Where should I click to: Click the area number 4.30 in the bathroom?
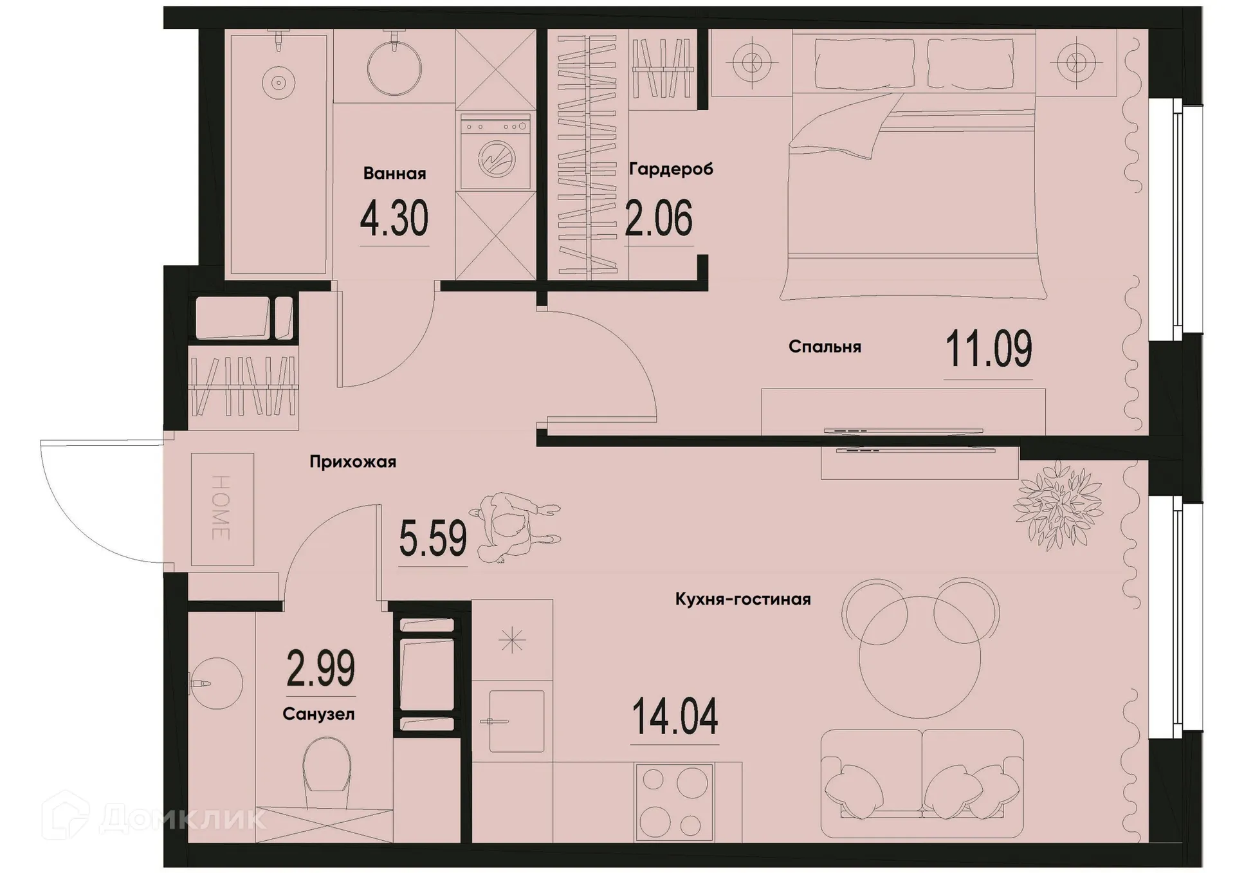(394, 219)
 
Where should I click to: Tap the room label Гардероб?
(671, 169)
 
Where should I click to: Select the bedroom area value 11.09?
(988, 349)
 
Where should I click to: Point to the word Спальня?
(825, 347)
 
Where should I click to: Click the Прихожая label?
(352, 462)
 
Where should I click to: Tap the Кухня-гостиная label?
(743, 600)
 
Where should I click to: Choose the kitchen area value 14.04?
(675, 717)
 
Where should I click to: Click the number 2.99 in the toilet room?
(320, 669)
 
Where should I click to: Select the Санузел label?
(318, 714)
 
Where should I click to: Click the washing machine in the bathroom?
(495, 152)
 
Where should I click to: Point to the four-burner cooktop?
(673, 802)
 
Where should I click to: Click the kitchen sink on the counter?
(516, 721)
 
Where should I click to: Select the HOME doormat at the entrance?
(222, 509)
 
